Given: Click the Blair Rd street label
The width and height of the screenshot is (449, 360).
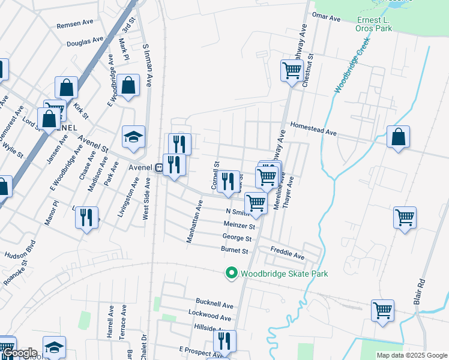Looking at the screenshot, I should tap(421, 290).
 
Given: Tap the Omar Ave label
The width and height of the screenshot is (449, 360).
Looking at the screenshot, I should tap(327, 18).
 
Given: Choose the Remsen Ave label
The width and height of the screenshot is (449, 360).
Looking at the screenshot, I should tap(75, 24).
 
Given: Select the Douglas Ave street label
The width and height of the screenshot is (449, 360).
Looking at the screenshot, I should tap(85, 42).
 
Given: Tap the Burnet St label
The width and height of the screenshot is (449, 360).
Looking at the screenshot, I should tap(235, 250).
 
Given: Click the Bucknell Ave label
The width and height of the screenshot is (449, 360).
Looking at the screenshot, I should tap(214, 305).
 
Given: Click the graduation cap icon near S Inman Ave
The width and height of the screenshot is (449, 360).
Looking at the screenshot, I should tap(134, 137).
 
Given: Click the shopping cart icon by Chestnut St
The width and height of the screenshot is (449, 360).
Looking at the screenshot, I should tap(292, 70).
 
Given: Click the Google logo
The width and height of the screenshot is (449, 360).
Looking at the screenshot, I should tap(20, 353).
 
